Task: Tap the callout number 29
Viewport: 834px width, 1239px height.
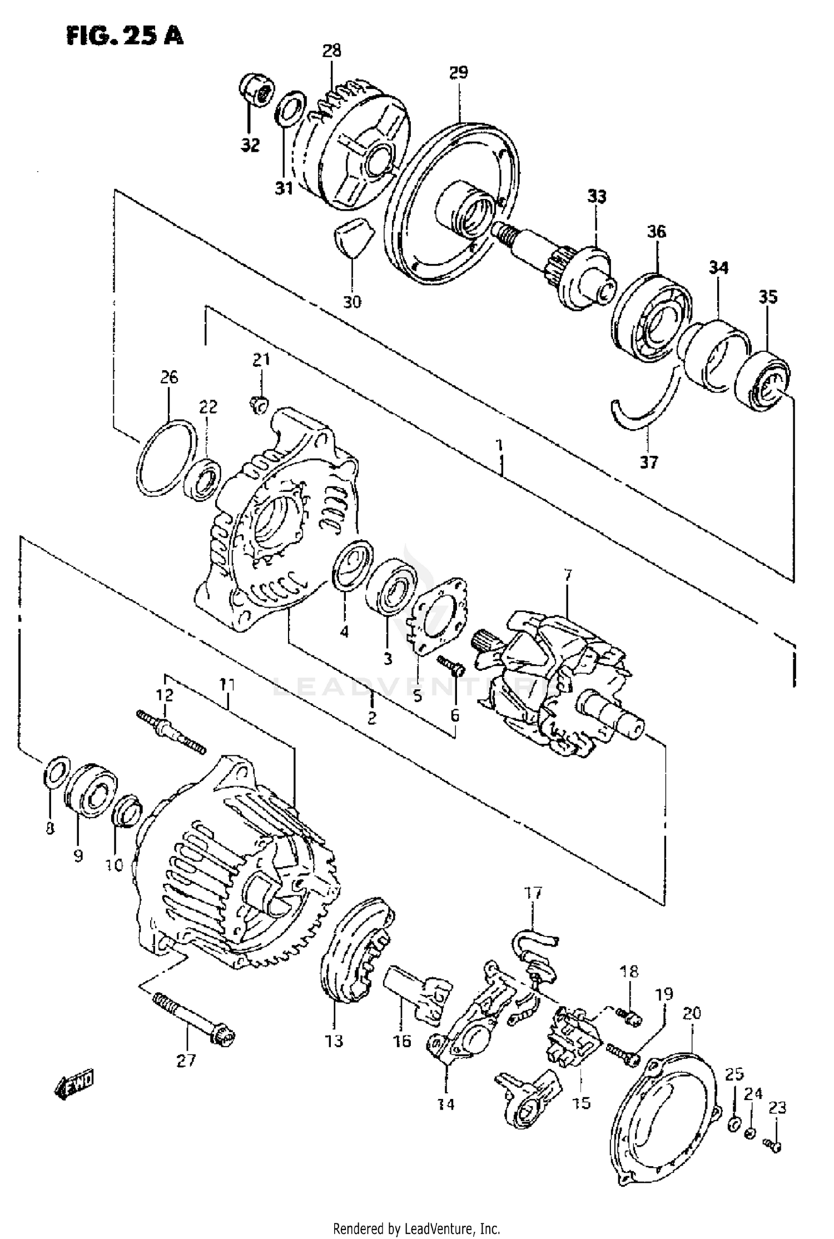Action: (459, 72)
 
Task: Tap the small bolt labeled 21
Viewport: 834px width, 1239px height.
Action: (258, 406)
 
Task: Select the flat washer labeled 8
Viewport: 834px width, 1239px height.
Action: (56, 772)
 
